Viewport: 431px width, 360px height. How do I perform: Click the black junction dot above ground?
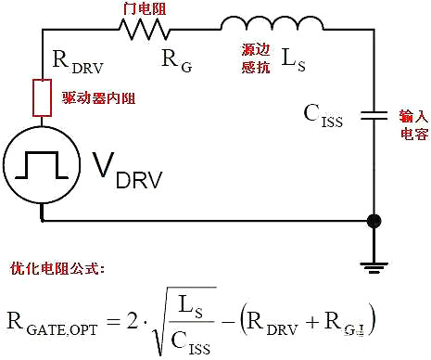coord(374,221)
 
